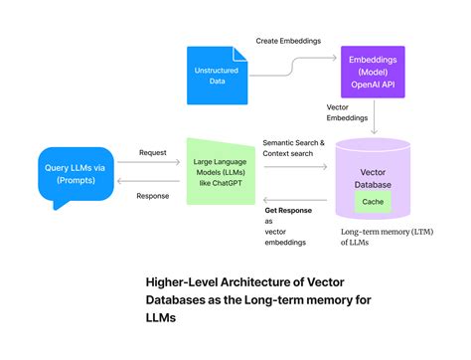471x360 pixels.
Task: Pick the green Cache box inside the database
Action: coord(372,202)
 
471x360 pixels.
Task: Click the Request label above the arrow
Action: coord(152,153)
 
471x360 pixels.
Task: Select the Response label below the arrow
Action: coord(152,195)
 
